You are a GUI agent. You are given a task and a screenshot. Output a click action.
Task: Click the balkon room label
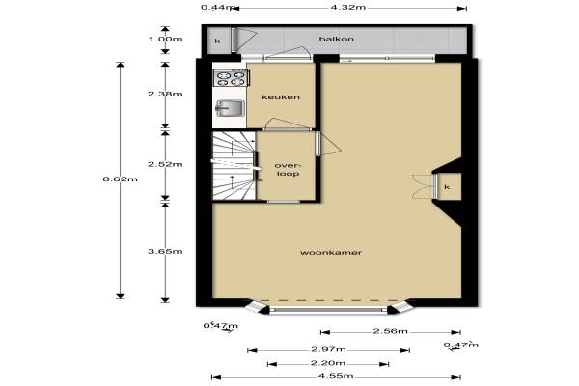(x=337, y=39)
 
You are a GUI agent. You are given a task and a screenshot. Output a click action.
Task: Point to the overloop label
(x=288, y=169)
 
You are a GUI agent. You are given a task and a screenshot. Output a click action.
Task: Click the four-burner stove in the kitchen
(x=232, y=78)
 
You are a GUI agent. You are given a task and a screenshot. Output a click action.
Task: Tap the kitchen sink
(x=230, y=108)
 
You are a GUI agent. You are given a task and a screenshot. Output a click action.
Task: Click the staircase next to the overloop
(x=234, y=166)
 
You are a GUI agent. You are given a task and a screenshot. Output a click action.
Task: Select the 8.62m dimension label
(x=120, y=179)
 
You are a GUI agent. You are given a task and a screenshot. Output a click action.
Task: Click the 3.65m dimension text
(x=165, y=251)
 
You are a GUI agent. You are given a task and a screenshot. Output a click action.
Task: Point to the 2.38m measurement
(x=165, y=94)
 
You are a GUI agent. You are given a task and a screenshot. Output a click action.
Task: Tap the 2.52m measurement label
(x=165, y=164)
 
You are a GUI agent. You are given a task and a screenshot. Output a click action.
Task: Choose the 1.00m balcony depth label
(x=165, y=39)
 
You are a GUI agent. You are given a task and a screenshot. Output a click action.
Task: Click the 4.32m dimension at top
(x=347, y=7)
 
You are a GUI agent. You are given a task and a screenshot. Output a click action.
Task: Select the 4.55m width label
(x=336, y=376)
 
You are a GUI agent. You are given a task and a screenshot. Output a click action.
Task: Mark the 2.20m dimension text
(x=328, y=363)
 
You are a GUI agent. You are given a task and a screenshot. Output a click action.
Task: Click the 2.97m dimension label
(x=328, y=349)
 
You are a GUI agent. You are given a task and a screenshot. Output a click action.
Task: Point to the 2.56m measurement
(x=390, y=331)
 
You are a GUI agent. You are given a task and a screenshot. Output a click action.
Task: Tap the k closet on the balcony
(x=217, y=41)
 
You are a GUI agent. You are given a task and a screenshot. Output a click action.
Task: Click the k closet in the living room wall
(x=447, y=187)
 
